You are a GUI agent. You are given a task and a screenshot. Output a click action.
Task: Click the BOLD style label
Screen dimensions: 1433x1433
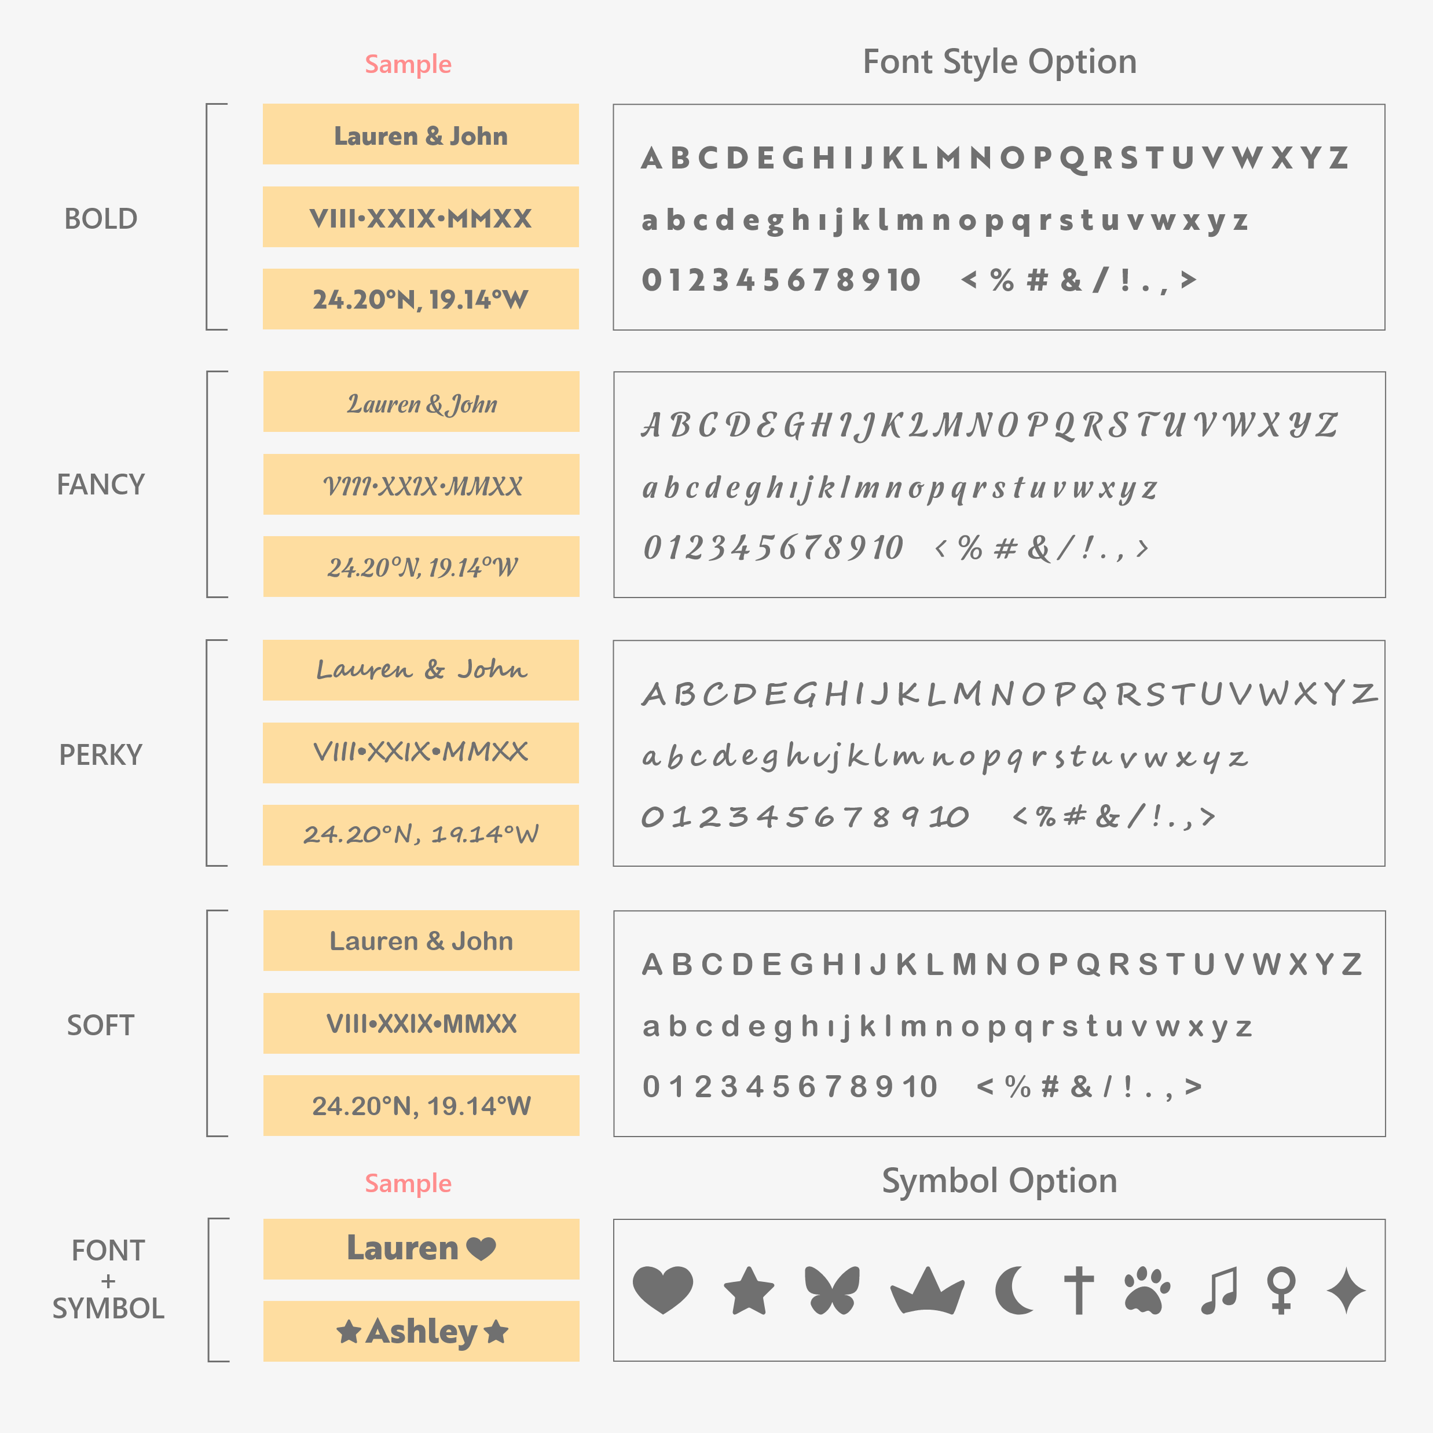101,219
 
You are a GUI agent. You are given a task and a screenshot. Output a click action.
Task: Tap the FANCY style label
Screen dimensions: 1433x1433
101,485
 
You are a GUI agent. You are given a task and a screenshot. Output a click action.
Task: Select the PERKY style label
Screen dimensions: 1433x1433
101,755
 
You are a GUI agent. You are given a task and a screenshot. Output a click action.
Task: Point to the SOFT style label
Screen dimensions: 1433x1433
101,1025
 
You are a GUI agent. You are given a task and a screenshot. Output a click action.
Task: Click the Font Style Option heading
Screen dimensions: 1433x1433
999,61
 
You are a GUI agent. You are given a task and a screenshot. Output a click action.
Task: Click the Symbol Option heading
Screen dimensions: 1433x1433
999,1181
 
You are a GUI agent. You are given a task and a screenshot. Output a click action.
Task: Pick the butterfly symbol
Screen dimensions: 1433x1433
832,1291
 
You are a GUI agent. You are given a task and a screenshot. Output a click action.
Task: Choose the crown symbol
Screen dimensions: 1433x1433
927,1291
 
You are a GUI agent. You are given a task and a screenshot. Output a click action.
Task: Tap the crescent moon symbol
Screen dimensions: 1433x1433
1014,1291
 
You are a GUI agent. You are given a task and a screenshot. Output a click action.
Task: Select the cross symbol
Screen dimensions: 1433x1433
1079,1291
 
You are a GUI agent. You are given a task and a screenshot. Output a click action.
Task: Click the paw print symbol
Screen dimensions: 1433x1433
1148,1291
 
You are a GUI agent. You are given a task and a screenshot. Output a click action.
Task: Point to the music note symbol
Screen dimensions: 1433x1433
1219,1291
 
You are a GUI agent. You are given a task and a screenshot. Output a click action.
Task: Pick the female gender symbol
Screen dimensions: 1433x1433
1282,1291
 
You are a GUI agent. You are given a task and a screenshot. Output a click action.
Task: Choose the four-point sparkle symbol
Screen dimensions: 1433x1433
1346,1291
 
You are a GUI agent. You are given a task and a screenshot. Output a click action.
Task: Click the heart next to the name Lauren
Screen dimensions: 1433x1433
481,1249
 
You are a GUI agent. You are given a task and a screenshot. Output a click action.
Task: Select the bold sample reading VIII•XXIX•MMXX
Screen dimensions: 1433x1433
420,219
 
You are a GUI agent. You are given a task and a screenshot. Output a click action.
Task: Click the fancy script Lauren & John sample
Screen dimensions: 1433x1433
422,404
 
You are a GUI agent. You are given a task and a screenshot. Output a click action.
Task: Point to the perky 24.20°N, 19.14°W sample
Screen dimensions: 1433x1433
420,834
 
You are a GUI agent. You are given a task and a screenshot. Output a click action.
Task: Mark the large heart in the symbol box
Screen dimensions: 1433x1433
663,1291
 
